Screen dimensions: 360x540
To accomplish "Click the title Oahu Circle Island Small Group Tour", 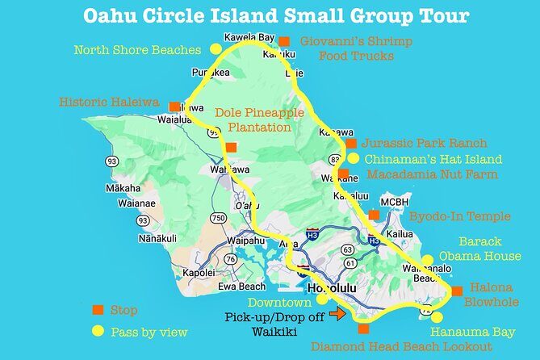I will [x=270, y=17].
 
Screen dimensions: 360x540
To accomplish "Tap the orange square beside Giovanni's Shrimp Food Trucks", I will [x=284, y=40].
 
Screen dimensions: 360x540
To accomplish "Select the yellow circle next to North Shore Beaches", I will [x=213, y=50].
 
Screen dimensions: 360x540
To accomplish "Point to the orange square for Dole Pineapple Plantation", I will [x=231, y=146].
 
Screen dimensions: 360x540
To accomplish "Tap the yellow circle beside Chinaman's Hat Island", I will [x=353, y=158].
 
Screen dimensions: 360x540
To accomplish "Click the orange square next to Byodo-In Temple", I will [x=373, y=215].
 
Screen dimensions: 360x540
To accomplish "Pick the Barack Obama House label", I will [x=480, y=249].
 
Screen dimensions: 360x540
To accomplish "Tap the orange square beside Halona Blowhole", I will [x=457, y=291].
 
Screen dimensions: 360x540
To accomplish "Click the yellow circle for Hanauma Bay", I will [x=437, y=316].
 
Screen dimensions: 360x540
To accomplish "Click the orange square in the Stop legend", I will [x=98, y=310].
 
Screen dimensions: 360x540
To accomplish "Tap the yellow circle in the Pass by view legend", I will [x=98, y=331].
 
